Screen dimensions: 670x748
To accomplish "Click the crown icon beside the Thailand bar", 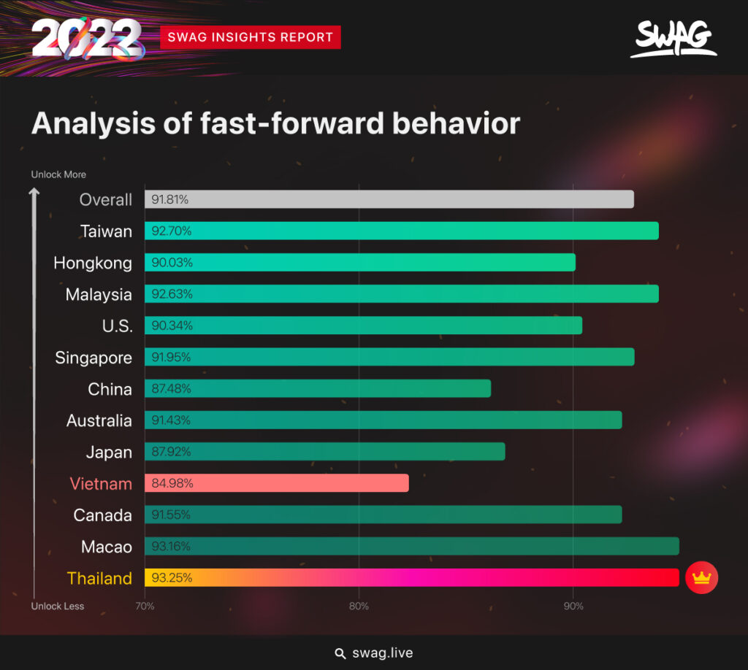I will (701, 578).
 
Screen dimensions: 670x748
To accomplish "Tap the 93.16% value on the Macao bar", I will (172, 547).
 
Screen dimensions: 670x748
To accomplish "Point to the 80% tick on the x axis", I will (359, 607).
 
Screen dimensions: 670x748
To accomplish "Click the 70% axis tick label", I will (145, 607).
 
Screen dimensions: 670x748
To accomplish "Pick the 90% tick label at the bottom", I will (573, 607).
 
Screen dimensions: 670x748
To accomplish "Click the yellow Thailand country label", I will (99, 578).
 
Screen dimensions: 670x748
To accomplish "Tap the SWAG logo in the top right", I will (673, 39).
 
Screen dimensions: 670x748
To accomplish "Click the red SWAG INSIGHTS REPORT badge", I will (251, 36).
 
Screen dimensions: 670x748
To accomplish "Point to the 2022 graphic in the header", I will (87, 38).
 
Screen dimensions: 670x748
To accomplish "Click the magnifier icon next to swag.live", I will (340, 653).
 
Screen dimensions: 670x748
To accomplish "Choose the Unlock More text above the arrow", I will (58, 174).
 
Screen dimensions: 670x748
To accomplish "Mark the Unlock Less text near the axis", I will (58, 607).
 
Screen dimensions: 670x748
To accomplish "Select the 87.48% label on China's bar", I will (172, 389).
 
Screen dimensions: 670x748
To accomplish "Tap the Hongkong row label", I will (93, 263).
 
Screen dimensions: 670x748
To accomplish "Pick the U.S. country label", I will (118, 326).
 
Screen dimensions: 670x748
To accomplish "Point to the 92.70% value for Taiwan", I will (172, 231).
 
